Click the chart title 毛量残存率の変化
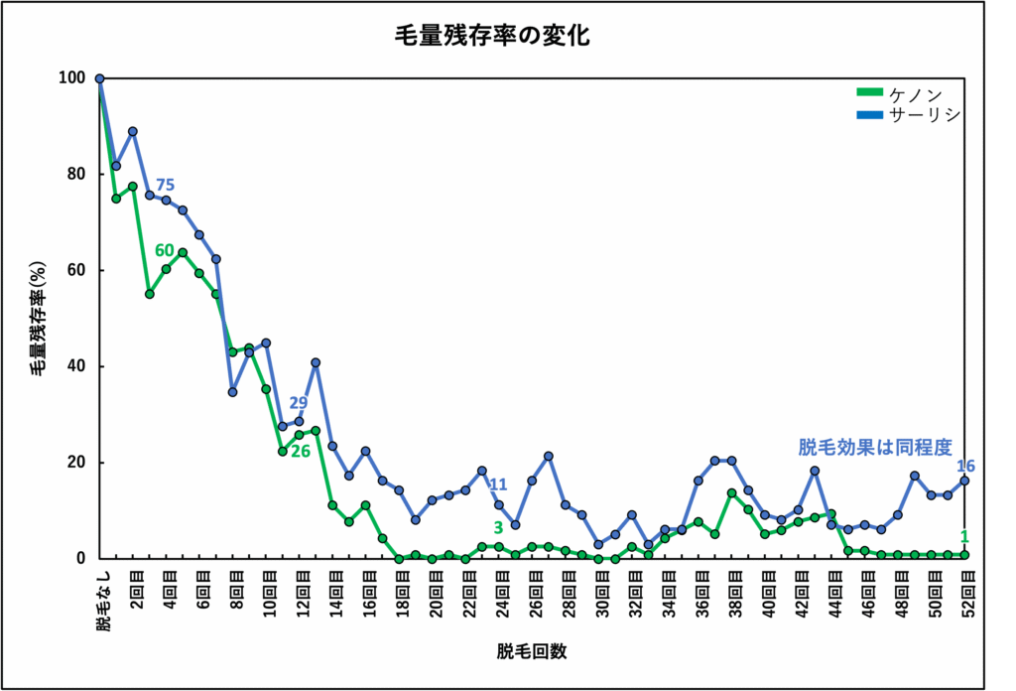(x=492, y=38)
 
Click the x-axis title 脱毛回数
(x=532, y=651)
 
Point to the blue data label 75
(x=165, y=185)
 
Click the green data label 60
(x=165, y=250)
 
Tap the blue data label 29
(x=299, y=402)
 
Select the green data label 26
(x=301, y=451)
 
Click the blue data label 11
(x=498, y=484)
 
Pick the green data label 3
(x=498, y=527)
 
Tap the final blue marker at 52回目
(x=964, y=481)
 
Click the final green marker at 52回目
(x=964, y=554)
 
